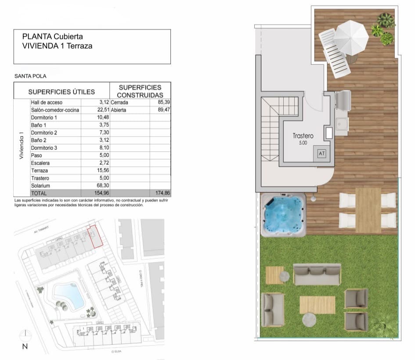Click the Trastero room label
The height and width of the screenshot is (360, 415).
(303, 136)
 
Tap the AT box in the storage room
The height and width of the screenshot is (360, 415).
(321, 154)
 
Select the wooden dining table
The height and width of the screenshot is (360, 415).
(368, 210)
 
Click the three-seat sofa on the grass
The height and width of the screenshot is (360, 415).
(317, 274)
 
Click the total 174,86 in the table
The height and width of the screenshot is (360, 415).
(161, 193)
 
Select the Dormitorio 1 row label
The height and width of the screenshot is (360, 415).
(44, 118)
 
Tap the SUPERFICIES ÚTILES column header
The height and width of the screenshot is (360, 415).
(61, 92)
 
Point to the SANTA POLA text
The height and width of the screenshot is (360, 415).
(30, 76)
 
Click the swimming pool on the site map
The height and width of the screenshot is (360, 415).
(68, 295)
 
